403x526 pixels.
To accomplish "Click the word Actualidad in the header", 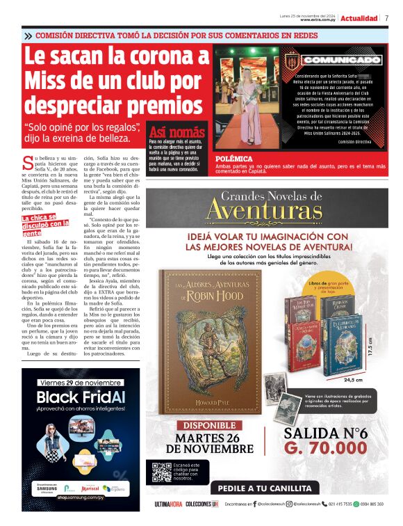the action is (x=359, y=17).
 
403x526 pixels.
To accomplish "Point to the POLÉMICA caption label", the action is (x=234, y=159).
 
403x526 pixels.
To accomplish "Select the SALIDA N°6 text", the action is (x=325, y=431).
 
